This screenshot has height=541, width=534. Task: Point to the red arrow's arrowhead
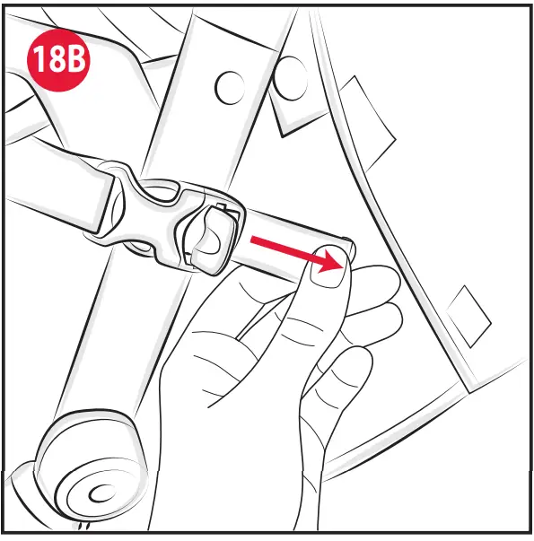click(x=337, y=261)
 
